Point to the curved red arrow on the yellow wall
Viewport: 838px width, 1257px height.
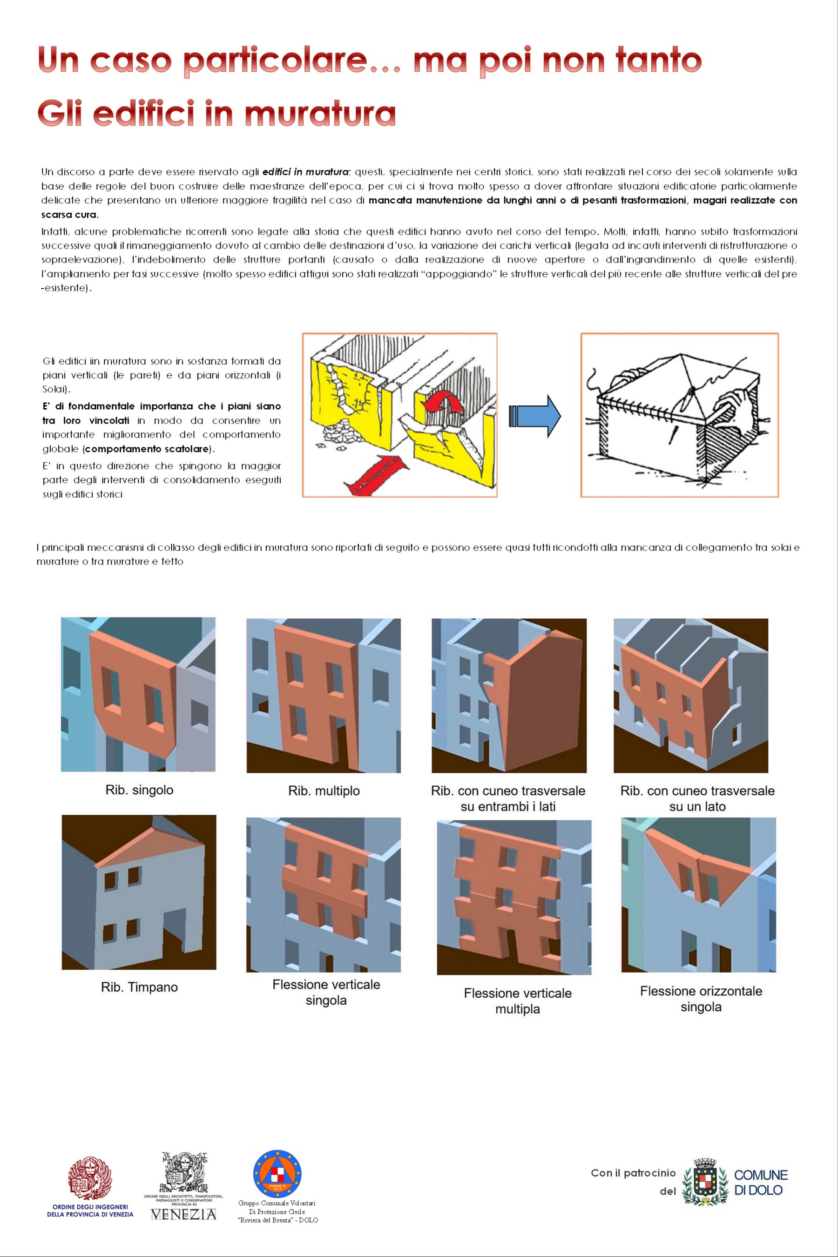pos(443,402)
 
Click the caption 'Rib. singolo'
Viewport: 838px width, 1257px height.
pos(140,790)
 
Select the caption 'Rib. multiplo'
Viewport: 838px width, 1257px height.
pos(324,791)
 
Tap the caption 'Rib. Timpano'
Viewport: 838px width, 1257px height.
pos(140,987)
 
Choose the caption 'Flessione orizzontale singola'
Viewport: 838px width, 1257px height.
pos(701,999)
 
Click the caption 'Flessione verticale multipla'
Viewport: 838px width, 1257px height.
pos(517,1001)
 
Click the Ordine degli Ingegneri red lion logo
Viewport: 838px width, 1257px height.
pos(90,1179)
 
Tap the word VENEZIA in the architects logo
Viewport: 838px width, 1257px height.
pos(183,1215)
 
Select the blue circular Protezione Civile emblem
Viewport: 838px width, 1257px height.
pos(277,1174)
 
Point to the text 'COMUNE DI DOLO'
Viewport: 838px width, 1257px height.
pos(761,1182)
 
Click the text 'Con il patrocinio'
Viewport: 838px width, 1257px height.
pos(633,1173)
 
